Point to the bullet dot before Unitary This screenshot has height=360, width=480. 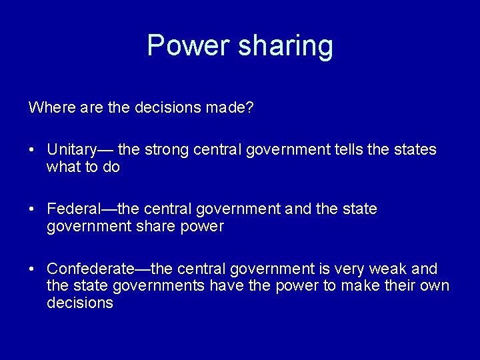click(32, 150)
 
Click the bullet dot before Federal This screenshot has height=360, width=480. click(32, 209)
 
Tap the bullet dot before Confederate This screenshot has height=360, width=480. click(32, 269)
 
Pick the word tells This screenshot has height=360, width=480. click(349, 149)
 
